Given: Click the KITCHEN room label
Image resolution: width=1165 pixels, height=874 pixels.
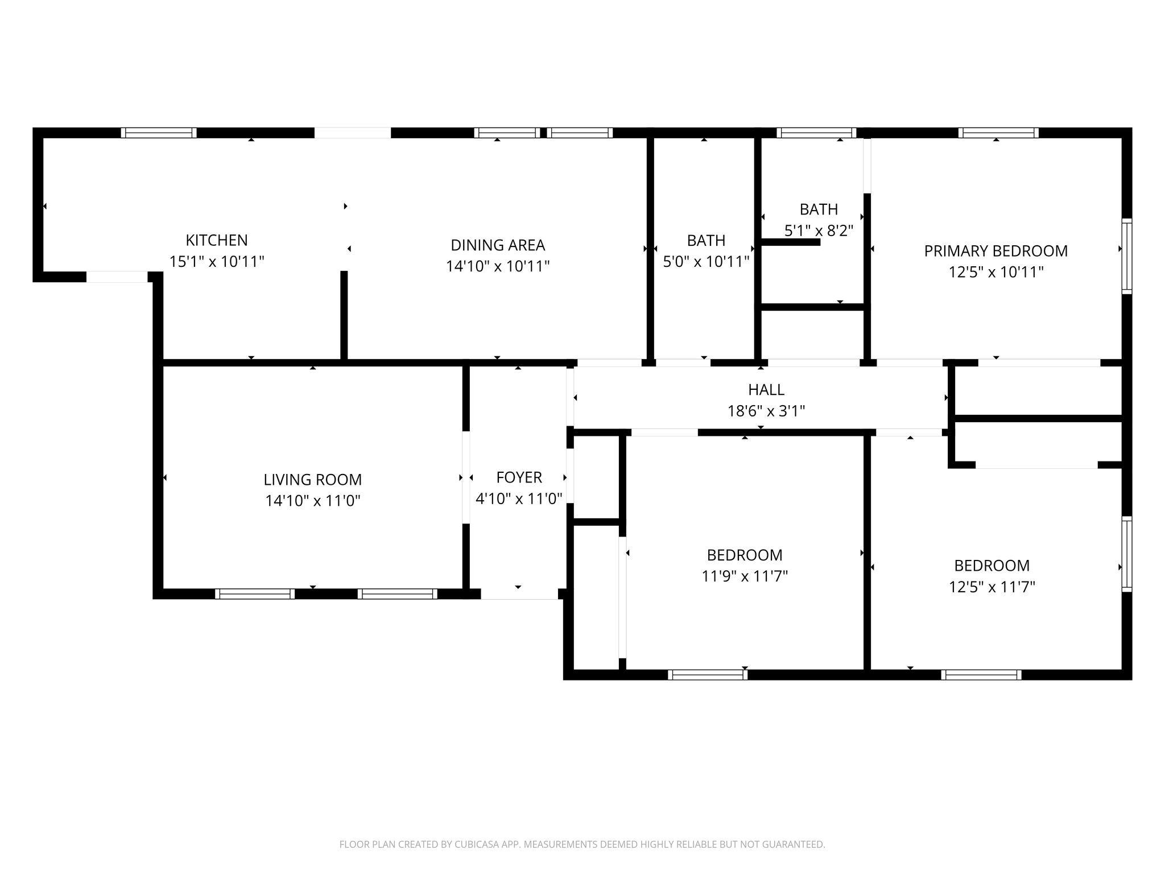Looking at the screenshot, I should (217, 240).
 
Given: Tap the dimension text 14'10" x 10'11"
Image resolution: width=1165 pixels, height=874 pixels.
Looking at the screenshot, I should (498, 266).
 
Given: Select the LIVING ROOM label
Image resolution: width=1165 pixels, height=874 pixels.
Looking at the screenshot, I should (312, 480).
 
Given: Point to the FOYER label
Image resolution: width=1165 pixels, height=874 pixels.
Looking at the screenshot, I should (519, 477).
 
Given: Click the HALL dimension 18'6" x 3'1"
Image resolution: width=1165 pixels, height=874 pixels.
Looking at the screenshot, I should (766, 411).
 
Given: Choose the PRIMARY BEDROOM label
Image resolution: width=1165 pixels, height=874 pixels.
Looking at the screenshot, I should (995, 251).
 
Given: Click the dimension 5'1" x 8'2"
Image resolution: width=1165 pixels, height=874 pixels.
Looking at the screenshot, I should (819, 231).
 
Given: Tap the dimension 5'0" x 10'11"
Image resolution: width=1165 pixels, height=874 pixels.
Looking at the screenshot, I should (706, 262).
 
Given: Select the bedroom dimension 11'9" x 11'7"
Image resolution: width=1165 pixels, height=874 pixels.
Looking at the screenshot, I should (745, 576).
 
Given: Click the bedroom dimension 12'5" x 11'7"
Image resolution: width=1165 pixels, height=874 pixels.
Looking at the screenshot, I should (992, 587).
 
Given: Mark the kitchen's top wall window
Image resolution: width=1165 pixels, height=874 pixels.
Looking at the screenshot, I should (159, 133).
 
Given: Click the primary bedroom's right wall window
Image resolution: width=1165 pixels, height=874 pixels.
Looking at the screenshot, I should (1126, 256).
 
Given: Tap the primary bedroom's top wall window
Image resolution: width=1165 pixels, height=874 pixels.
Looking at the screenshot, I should (998, 133).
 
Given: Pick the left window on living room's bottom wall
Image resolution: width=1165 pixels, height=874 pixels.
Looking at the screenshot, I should (255, 594).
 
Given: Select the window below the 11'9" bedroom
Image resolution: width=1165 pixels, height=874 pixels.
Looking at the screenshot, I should (708, 675).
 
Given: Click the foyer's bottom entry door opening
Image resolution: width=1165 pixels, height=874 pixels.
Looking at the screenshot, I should (519, 594).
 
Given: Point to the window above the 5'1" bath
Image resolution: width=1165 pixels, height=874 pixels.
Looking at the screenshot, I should (816, 133).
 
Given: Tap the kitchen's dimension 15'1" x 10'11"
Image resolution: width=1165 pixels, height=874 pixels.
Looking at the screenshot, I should (217, 262).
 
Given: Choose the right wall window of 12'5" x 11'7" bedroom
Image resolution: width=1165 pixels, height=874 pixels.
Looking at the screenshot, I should (1126, 554).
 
